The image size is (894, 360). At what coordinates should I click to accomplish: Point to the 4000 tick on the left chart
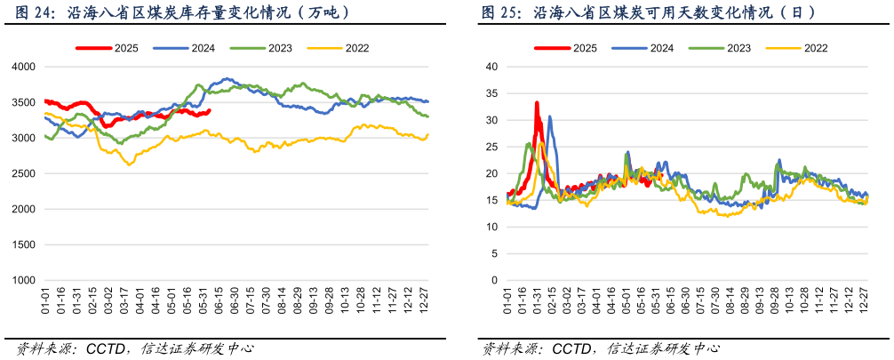coord(24,67)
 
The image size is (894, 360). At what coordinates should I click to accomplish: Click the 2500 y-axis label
coord(24,173)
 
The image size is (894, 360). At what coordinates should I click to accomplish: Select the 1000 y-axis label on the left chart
coord(24,280)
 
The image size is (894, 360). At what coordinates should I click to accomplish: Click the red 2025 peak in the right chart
coord(537,103)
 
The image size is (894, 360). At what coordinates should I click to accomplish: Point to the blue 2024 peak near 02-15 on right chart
coord(550,116)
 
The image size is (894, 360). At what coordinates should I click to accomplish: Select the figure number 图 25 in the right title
coord(500,13)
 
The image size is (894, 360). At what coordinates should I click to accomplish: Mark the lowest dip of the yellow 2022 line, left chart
coord(130,164)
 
